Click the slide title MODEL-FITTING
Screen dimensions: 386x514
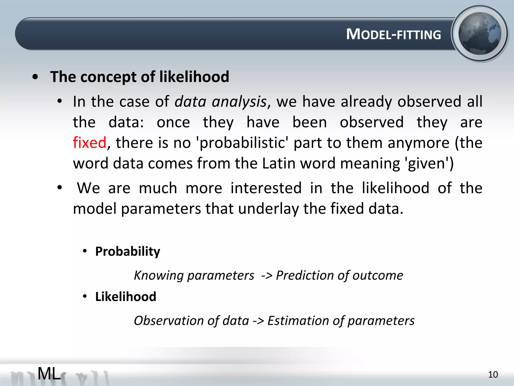(x=393, y=34)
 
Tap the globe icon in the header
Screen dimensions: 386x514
(x=480, y=33)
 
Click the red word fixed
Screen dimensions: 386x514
(x=90, y=143)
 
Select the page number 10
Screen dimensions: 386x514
(x=493, y=375)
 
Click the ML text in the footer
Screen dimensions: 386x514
(x=49, y=373)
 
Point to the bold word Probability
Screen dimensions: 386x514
(x=127, y=251)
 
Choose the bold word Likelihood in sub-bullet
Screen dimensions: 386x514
(x=126, y=297)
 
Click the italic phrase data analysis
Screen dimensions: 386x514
(x=220, y=102)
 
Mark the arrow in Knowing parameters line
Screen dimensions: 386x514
(x=267, y=276)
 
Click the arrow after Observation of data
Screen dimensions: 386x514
(x=258, y=321)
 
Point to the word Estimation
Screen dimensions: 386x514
(x=298, y=321)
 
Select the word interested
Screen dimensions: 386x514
(x=266, y=188)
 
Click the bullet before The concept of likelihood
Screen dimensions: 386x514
(x=35, y=77)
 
